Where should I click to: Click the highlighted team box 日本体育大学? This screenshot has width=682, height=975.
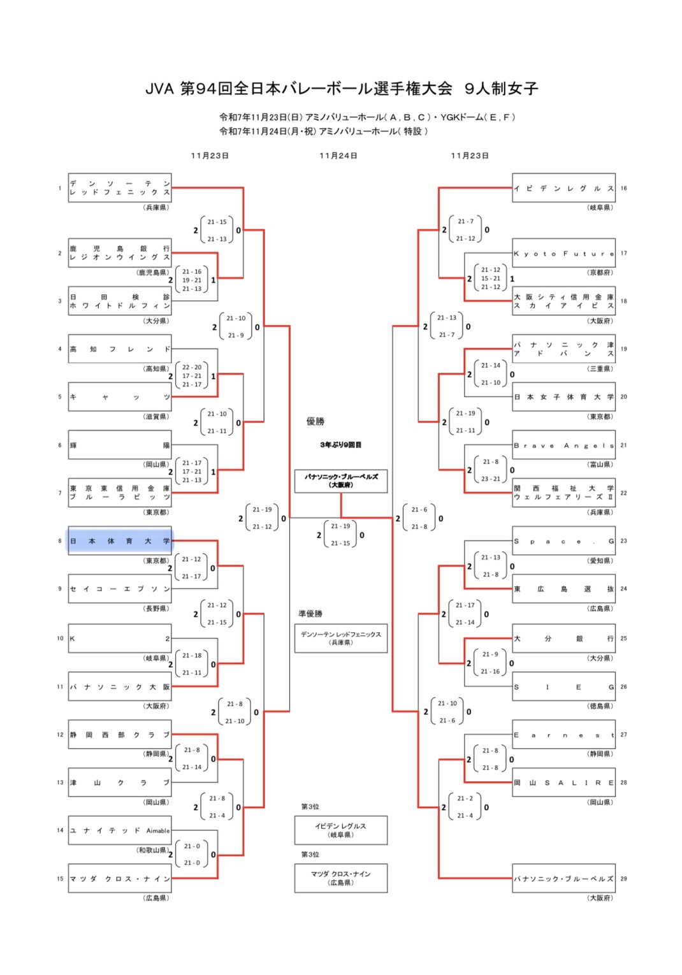click(120, 541)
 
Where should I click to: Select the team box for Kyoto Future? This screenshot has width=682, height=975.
click(563, 254)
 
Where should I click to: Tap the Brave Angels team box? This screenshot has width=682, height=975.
click(563, 445)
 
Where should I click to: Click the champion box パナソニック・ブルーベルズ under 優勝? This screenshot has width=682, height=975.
click(341, 480)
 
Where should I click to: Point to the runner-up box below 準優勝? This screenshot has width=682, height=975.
click(341, 638)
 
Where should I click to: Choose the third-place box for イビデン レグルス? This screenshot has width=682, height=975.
click(341, 830)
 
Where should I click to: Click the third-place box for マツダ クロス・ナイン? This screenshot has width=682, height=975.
click(341, 878)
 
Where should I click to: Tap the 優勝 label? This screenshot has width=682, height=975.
click(316, 421)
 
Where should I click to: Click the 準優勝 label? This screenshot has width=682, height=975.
click(310, 614)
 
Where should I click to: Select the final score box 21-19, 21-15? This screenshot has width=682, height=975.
click(340, 535)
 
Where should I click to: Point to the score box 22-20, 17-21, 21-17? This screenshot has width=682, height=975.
click(192, 376)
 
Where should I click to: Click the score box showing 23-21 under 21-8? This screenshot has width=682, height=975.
click(491, 470)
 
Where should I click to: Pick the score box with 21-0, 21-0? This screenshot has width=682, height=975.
click(192, 855)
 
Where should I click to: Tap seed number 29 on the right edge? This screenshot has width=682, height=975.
click(623, 879)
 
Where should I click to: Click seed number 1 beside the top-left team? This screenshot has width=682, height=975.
click(60, 188)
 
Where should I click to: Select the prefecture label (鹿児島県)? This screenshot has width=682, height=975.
click(153, 273)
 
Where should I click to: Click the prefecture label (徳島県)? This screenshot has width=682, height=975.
click(600, 706)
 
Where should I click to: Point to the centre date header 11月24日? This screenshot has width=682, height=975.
click(338, 155)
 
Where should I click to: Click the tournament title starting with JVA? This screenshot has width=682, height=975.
click(342, 89)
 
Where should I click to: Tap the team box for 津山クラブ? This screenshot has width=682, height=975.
click(120, 783)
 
